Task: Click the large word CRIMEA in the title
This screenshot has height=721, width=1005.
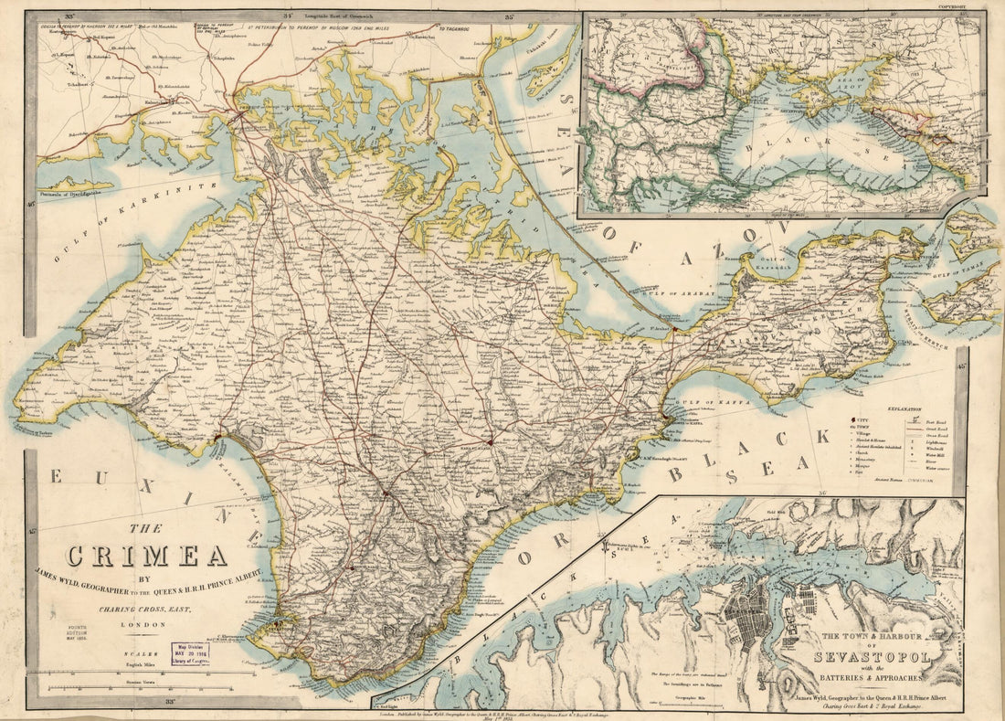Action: [145, 556]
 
